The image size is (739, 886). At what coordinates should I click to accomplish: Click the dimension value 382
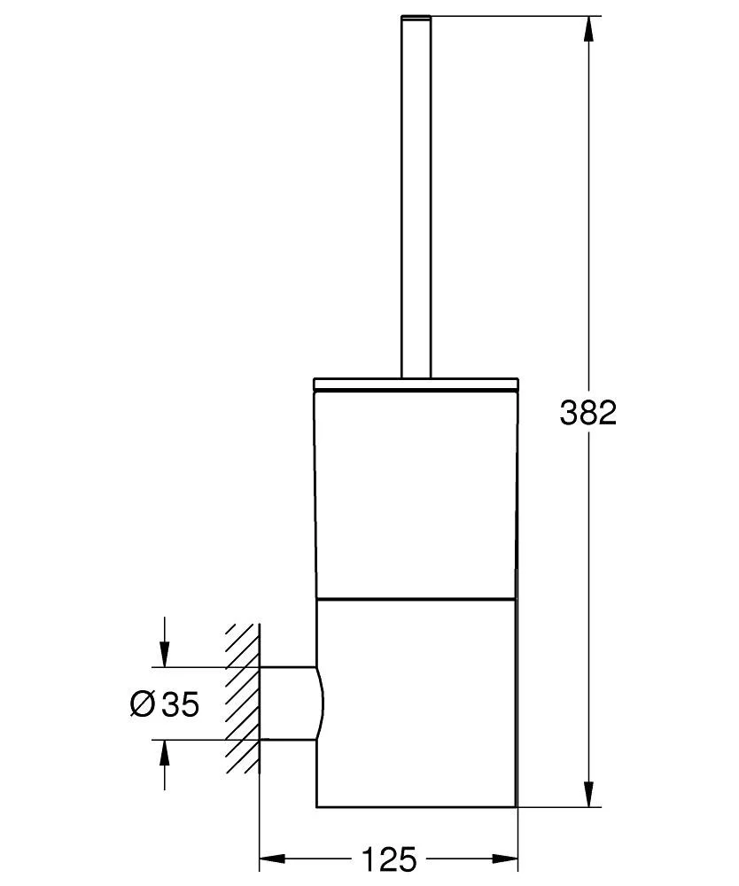click(587, 413)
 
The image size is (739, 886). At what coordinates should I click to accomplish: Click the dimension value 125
click(387, 859)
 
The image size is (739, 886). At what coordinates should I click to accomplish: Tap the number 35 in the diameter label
click(181, 704)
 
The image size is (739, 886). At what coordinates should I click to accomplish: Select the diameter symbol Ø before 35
click(143, 704)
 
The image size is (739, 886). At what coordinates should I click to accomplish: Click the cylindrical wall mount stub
click(288, 703)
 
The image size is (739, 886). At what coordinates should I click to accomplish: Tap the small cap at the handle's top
click(416, 17)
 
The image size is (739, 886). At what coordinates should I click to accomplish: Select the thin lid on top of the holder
click(416, 384)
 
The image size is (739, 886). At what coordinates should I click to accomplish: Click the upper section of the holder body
click(416, 492)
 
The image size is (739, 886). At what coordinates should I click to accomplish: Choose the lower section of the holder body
click(416, 704)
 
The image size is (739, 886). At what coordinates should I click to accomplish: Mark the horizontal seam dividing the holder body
click(416, 598)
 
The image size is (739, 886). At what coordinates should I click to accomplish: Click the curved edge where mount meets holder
click(321, 703)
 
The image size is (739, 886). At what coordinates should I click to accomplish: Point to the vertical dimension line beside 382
click(587, 576)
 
